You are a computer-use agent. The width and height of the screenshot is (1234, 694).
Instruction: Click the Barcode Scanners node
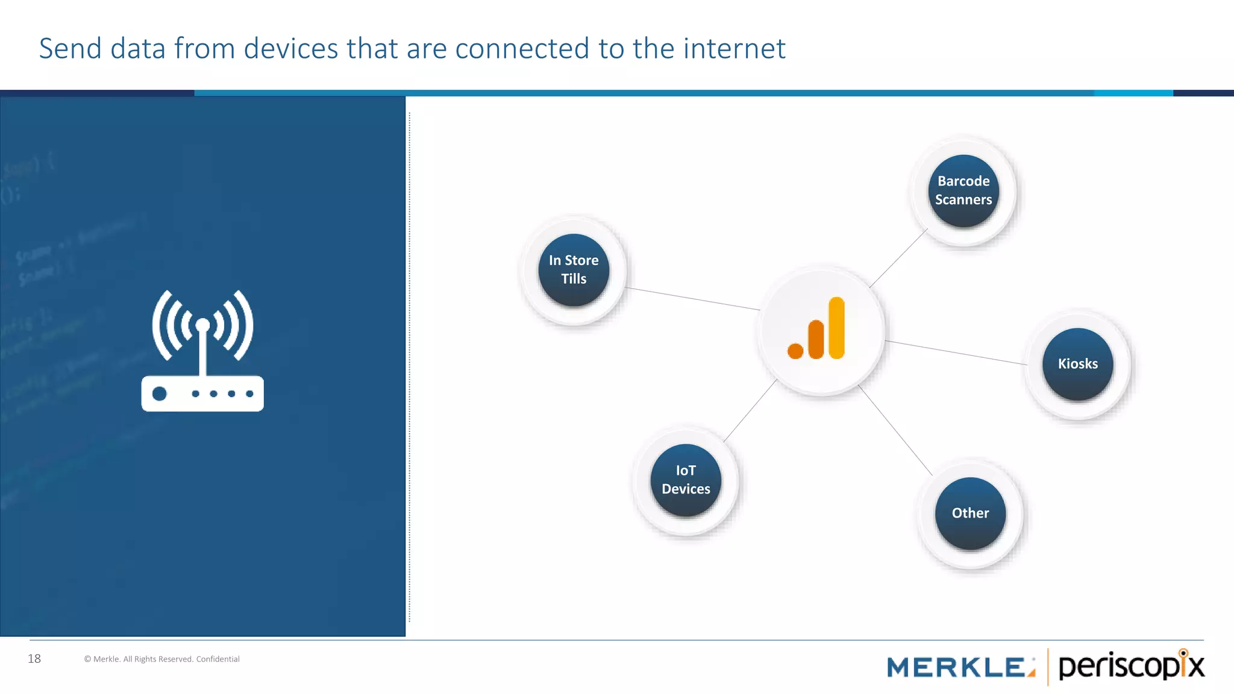click(963, 191)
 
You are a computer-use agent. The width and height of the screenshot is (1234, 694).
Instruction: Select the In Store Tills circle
click(574, 270)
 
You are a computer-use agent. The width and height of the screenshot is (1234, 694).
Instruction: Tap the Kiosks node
click(1078, 364)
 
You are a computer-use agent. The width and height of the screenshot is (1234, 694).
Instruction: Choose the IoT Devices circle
click(686, 480)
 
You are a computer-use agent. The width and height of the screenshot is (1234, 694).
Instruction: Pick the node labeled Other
click(970, 513)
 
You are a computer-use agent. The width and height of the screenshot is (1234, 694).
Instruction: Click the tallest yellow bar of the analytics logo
click(836, 328)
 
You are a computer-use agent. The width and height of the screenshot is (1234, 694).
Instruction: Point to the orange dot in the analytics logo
click(795, 351)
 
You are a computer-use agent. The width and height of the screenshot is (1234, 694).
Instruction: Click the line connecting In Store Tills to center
click(693, 299)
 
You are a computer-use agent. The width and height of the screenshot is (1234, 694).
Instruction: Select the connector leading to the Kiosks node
click(957, 353)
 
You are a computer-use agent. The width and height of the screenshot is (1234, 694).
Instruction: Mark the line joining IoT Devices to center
click(750, 410)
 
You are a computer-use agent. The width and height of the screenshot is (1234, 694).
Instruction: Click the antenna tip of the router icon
click(203, 325)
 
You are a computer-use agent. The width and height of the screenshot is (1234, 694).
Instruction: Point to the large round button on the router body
click(160, 394)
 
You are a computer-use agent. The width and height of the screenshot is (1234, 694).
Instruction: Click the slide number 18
click(34, 659)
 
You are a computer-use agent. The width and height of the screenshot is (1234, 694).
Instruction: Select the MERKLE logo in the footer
click(960, 667)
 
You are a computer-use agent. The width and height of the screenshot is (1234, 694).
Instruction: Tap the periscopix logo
click(1131, 666)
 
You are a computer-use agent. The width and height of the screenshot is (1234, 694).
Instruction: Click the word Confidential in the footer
click(218, 659)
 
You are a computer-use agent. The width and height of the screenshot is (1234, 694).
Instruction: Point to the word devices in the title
click(291, 49)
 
